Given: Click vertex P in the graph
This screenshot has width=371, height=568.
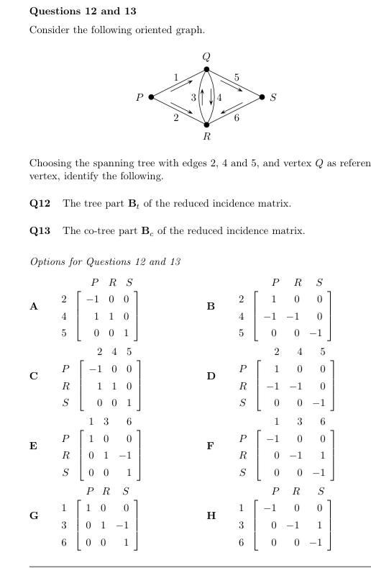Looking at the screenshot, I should [151, 97].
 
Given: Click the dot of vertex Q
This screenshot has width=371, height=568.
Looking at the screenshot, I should [207, 70].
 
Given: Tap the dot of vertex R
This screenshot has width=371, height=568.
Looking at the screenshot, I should [207, 125].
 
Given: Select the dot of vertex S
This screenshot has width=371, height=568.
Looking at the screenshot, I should [262, 97].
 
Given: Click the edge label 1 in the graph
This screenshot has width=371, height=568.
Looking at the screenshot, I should [176, 77].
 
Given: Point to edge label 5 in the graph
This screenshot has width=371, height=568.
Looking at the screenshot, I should [237, 77].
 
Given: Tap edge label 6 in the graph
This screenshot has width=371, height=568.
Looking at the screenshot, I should [237, 118].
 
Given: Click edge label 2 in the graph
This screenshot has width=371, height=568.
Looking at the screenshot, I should [176, 118].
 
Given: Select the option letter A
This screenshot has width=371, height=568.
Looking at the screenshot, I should [33, 307].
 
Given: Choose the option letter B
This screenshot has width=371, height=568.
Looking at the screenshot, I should [211, 307].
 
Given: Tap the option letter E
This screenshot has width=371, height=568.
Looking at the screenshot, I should [33, 446].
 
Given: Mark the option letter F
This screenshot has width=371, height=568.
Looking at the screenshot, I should [211, 446].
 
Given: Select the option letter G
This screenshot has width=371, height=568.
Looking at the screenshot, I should [33, 515].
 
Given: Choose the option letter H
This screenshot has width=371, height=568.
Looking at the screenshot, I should [211, 515].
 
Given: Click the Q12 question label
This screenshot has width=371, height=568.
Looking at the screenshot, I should [40, 204].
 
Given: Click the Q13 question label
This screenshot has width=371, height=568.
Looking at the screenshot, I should [40, 231].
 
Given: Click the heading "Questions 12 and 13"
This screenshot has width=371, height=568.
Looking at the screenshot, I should [83, 12].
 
